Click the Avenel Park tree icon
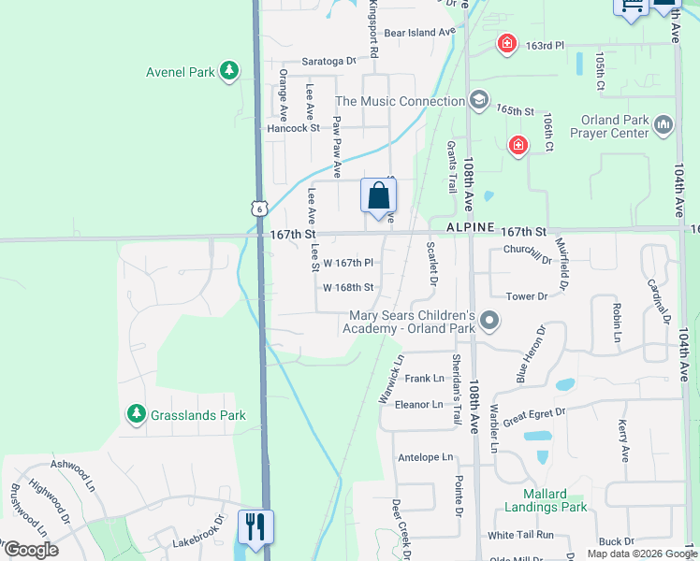(228, 71)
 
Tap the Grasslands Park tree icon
(137, 414)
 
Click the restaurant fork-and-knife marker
(255, 525)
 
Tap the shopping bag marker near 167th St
(378, 197)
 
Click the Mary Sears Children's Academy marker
(489, 323)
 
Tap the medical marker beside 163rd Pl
(506, 44)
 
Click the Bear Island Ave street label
(418, 32)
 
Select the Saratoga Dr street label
(329, 61)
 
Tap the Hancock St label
(293, 128)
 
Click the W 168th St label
(348, 287)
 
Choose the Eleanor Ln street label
(418, 404)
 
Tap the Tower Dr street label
(526, 296)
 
